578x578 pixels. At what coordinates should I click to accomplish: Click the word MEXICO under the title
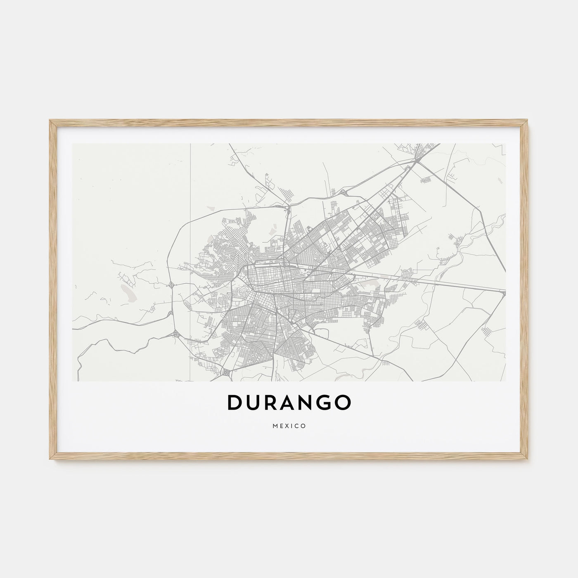tap(289, 426)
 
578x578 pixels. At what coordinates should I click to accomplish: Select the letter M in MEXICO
tap(275, 426)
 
